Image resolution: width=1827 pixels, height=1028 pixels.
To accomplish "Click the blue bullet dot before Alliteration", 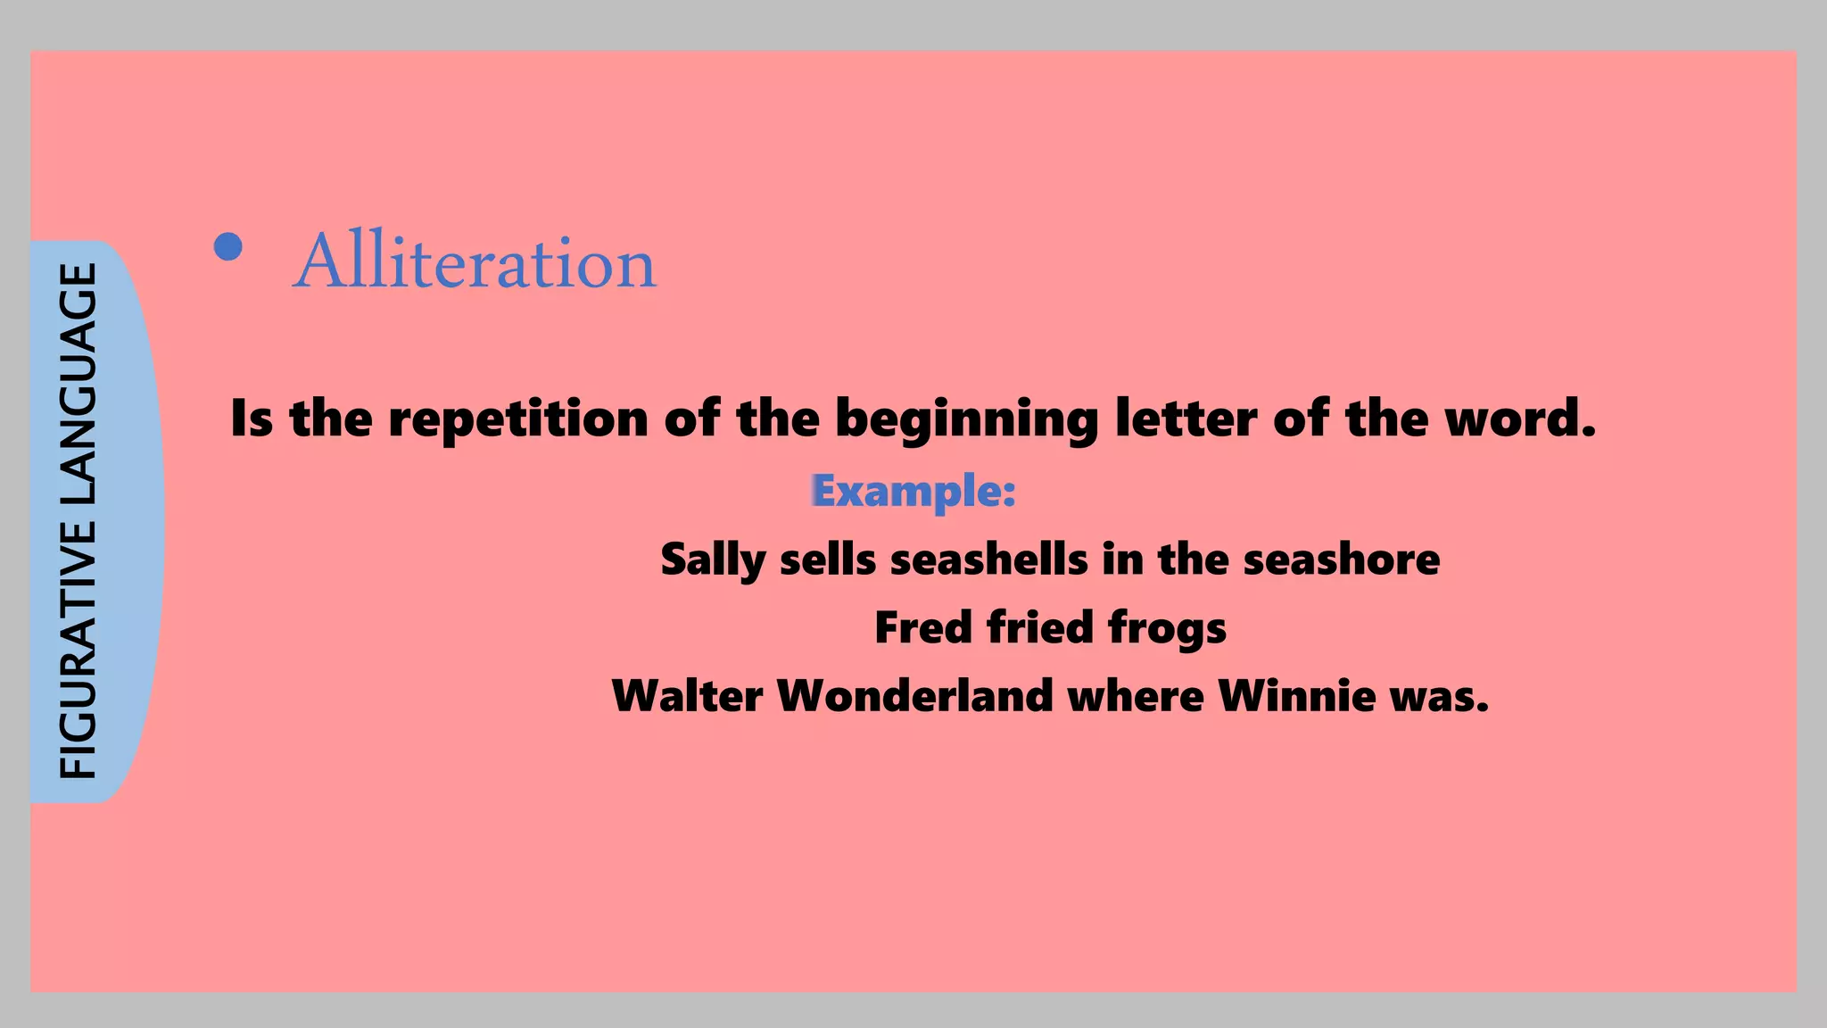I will click(228, 247).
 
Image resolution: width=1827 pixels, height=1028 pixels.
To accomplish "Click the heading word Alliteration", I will click(475, 262).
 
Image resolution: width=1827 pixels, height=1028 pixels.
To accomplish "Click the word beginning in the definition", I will click(966, 420).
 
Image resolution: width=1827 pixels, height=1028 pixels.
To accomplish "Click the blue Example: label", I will click(913, 492).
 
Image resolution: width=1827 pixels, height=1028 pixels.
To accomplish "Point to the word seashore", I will click(1341, 560).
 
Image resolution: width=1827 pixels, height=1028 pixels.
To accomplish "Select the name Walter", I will click(687, 696).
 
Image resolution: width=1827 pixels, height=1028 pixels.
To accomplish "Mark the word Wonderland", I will click(915, 696).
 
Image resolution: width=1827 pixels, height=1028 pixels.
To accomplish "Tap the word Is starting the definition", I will click(251, 419).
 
